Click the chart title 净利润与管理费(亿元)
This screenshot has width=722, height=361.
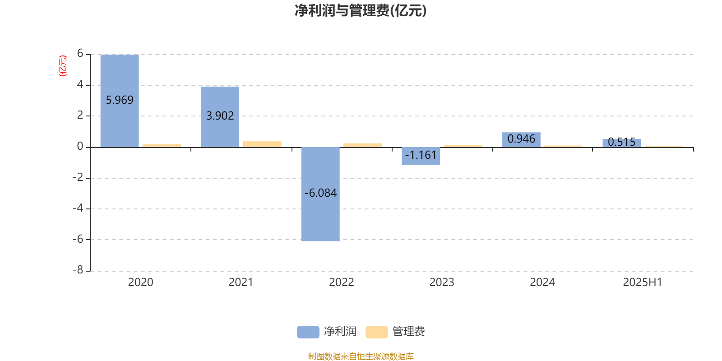(361, 11)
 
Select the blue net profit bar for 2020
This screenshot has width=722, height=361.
(120, 101)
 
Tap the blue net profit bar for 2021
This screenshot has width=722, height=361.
(220, 117)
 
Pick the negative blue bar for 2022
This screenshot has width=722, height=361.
(320, 194)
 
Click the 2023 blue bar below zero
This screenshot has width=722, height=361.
(421, 156)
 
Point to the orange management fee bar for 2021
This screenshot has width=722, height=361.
(262, 144)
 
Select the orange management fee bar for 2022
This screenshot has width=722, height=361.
(363, 145)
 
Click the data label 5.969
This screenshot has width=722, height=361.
(120, 100)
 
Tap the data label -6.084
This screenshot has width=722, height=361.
(320, 193)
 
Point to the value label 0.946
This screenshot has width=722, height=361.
(521, 139)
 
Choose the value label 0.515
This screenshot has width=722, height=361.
(621, 142)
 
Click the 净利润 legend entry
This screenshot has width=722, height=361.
(327, 332)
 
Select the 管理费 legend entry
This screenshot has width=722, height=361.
(395, 332)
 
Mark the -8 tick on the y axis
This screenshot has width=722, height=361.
(78, 270)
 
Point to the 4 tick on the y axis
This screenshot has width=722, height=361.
(80, 84)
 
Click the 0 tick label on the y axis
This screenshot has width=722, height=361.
(80, 146)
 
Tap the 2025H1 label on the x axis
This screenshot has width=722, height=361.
(643, 282)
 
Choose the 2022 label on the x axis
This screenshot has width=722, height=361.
(341, 282)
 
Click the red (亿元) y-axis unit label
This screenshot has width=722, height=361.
(63, 66)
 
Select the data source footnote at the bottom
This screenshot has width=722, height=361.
(361, 356)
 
